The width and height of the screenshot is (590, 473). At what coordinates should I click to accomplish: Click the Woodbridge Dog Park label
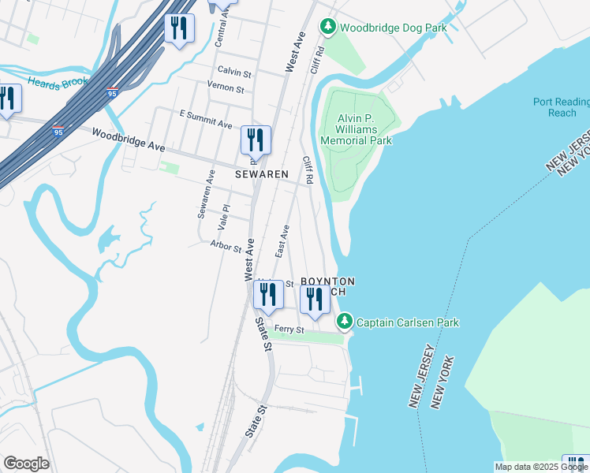(x=393, y=28)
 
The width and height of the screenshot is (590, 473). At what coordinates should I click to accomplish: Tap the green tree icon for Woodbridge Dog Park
(x=328, y=28)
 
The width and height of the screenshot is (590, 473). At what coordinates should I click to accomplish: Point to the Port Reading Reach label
(x=561, y=107)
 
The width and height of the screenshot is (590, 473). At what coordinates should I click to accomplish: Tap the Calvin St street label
(x=234, y=73)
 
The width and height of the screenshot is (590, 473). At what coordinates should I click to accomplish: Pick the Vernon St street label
(x=226, y=88)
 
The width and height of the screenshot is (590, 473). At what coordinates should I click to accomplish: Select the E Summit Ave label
(x=206, y=119)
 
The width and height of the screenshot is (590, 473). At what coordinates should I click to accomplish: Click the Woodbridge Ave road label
(x=128, y=141)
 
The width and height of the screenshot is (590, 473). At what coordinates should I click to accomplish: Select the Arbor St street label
(x=226, y=247)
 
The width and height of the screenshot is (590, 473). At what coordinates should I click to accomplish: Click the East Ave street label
(x=282, y=240)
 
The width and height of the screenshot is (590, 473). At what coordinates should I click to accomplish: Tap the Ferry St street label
(x=289, y=330)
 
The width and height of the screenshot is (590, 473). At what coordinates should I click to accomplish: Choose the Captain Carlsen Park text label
(x=407, y=322)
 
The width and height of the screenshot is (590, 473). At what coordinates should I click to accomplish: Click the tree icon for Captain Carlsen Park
(x=344, y=322)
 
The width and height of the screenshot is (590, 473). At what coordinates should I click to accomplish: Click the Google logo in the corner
(x=26, y=464)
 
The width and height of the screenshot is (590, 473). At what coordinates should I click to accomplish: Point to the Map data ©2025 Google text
(x=541, y=467)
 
